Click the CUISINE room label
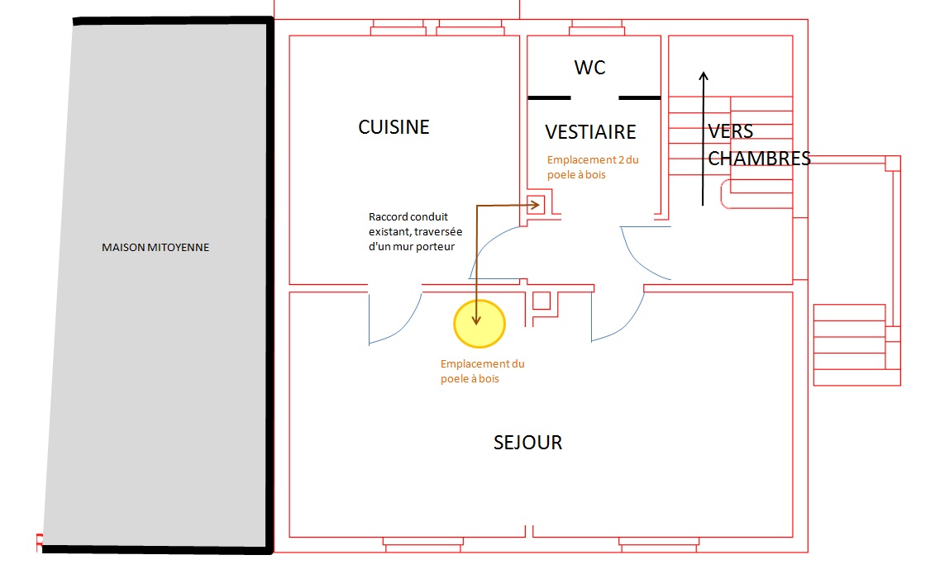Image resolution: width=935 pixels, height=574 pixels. coord(394,127)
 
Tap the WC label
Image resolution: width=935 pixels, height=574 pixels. coord(589,68)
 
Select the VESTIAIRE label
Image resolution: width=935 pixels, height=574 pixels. coord(590,132)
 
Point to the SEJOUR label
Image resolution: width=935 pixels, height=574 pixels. coord(527,443)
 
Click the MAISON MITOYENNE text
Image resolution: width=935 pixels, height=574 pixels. coord(155,247)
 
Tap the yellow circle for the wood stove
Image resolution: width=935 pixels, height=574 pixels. coord(479,323)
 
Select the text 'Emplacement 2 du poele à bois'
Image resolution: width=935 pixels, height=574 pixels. coord(592,167)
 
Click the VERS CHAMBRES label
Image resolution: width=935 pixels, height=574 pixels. coord(758,145)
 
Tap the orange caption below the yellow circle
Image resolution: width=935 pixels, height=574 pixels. coord(482,371)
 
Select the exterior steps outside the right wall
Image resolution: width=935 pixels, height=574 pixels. coord(856,344)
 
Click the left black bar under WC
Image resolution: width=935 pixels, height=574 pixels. coord(549,97)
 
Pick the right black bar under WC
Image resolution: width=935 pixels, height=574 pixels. coord(639,97)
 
